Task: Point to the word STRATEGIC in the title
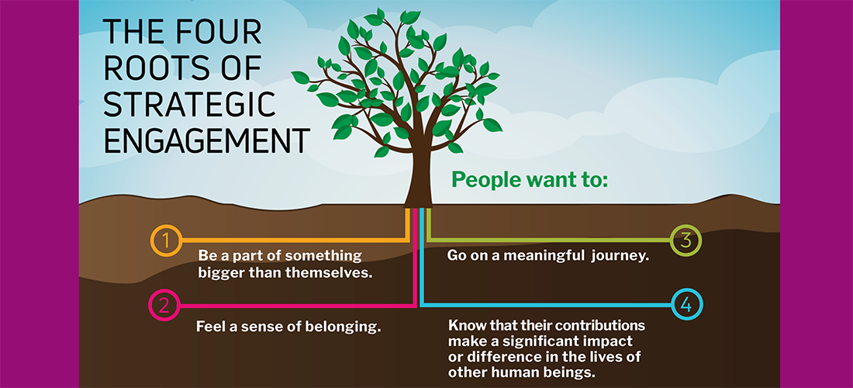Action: [190, 105]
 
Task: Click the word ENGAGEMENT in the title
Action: [207, 141]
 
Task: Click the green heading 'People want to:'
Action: [530, 178]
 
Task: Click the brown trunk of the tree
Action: [418, 174]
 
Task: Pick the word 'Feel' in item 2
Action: [208, 327]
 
